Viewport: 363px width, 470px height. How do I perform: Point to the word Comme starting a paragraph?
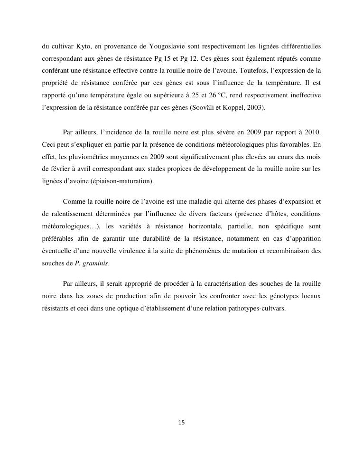74,201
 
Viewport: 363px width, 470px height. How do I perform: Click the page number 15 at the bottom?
181,422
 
